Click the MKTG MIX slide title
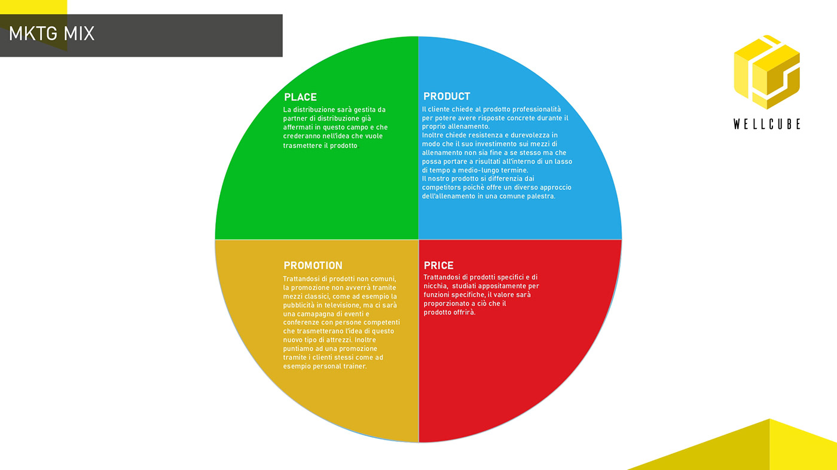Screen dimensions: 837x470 point(51,34)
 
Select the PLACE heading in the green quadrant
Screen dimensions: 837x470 point(300,97)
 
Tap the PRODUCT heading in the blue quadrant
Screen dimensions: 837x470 point(447,96)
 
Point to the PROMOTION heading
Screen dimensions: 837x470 point(313,266)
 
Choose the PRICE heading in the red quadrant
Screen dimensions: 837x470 point(438,266)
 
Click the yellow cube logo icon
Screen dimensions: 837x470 point(766,71)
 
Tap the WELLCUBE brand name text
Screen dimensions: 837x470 point(766,124)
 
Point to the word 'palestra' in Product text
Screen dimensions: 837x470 point(540,196)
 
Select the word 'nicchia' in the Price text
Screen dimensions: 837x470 point(435,286)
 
